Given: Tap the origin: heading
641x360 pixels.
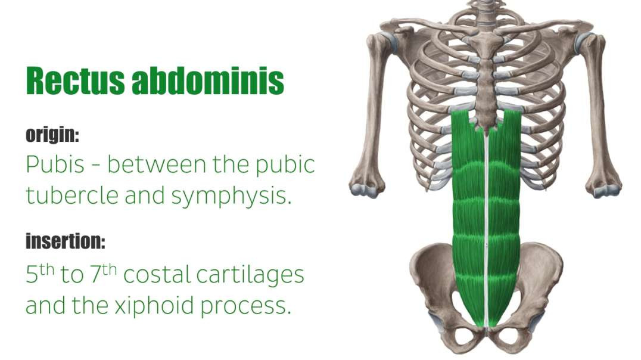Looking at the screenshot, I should point(52,135).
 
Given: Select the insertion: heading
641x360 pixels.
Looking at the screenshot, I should point(66,241).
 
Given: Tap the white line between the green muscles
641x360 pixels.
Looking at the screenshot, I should point(486,226).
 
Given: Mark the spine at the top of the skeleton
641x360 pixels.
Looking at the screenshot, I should point(484,9).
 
